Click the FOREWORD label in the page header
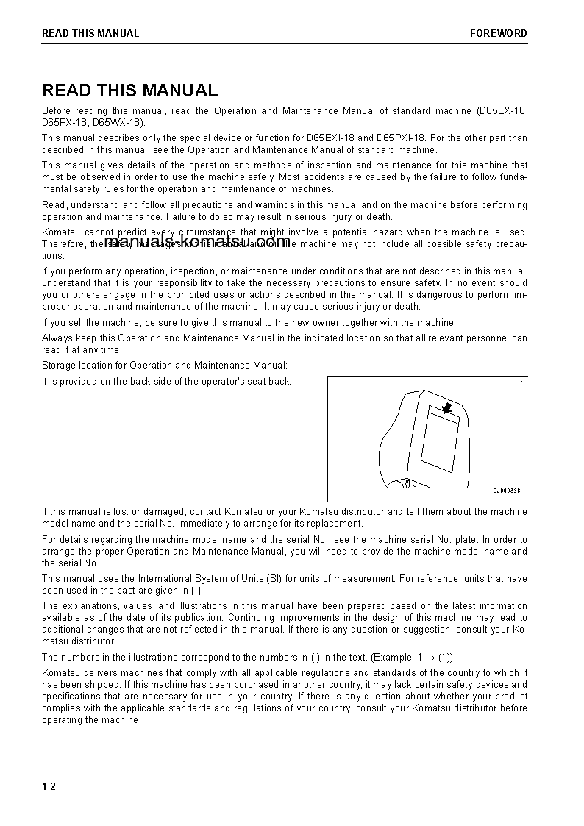point(499,33)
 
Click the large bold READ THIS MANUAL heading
point(129,90)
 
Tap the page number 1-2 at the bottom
point(49,786)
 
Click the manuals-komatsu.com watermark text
point(197,242)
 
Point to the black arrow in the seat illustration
point(446,407)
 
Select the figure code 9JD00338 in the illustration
point(506,491)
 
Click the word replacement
point(336,524)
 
